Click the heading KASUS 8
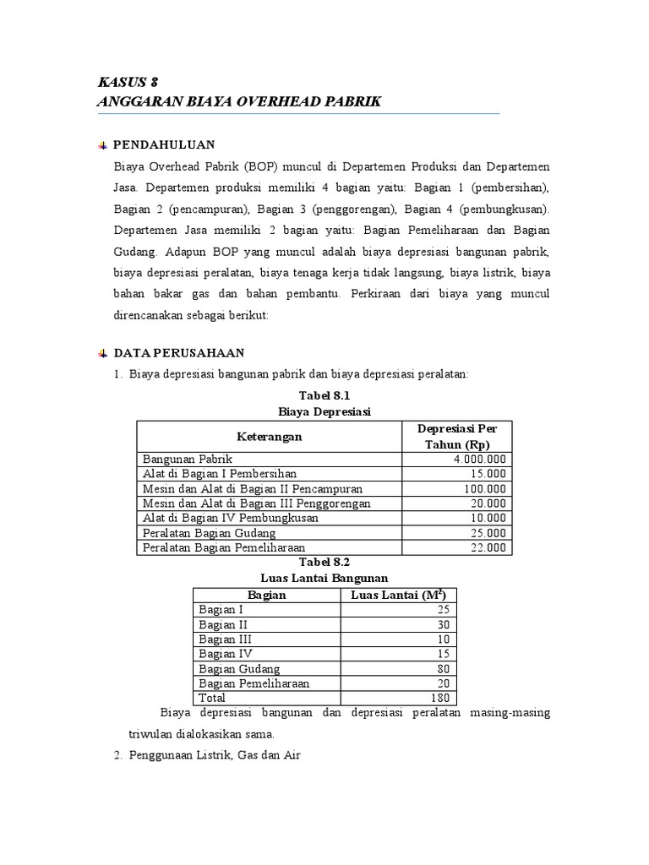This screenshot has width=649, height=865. click(x=128, y=82)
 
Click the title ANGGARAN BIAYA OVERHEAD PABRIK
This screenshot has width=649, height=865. click(x=240, y=101)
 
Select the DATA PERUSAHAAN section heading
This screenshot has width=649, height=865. click(x=179, y=352)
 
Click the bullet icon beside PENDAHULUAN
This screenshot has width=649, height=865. click(x=103, y=145)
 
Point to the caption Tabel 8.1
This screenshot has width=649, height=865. click(x=324, y=395)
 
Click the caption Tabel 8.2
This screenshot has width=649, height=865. click(x=324, y=561)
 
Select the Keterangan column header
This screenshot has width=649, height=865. click(x=269, y=437)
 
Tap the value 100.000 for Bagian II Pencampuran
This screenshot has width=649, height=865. click(x=485, y=488)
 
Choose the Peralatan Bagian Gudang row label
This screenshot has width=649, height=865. click(x=210, y=533)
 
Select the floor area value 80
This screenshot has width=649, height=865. click(x=443, y=668)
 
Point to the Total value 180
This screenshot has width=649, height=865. click(x=439, y=698)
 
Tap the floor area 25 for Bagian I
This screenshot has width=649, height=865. click(x=443, y=609)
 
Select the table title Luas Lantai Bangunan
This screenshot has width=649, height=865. click(x=324, y=578)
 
